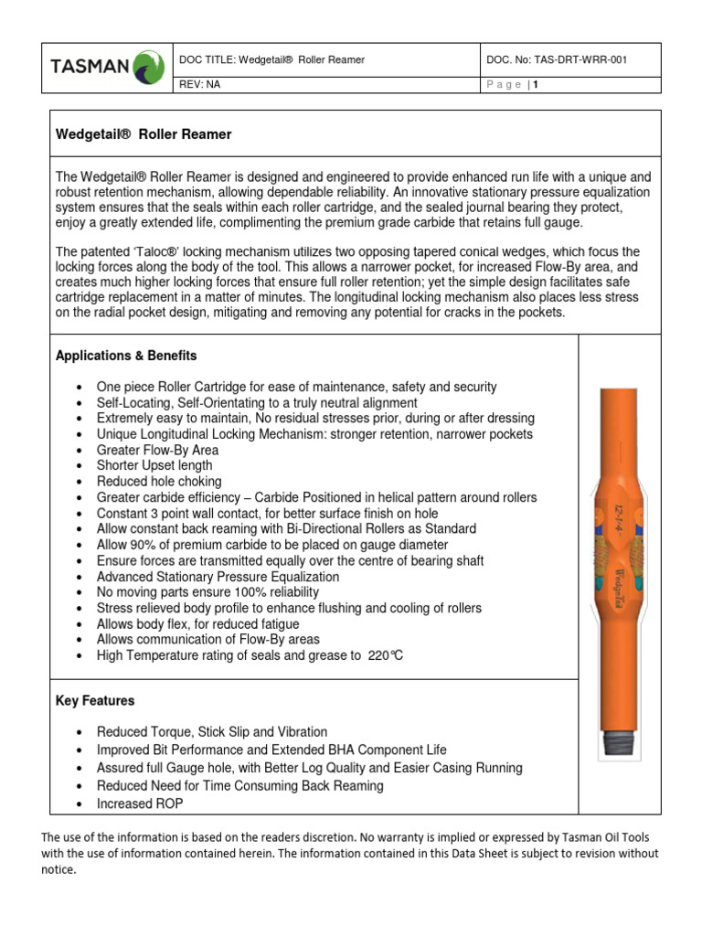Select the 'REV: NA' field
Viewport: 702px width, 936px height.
click(x=207, y=84)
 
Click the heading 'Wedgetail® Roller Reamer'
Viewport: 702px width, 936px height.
click(x=144, y=134)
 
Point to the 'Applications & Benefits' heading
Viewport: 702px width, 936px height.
click(x=126, y=355)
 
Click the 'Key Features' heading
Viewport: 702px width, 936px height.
click(x=95, y=700)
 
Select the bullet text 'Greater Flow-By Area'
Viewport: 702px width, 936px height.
click(x=157, y=450)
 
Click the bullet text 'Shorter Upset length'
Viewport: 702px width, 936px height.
click(x=154, y=465)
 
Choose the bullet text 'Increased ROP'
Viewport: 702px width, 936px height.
click(x=140, y=803)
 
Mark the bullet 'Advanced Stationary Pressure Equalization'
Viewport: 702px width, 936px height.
click(x=218, y=577)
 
